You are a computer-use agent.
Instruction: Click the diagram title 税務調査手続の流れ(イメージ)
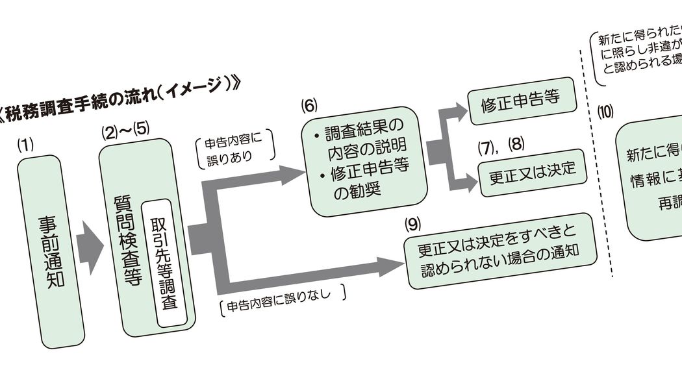click(123, 100)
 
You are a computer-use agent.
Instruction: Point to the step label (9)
click(412, 224)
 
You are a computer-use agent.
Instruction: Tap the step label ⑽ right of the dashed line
click(605, 110)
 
